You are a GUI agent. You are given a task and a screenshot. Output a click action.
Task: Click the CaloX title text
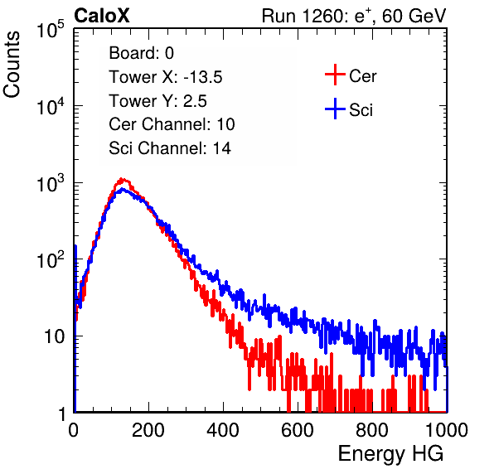[102, 16]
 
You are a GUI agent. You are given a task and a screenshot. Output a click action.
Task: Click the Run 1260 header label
[354, 16]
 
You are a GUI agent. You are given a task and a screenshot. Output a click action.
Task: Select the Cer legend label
[362, 76]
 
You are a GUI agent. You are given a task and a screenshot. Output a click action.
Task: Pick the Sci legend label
[361, 110]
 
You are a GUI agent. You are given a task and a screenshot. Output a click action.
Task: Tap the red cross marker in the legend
[335, 75]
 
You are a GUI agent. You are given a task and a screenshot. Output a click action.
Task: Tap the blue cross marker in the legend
[335, 109]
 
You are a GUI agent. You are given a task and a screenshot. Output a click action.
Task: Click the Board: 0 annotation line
[141, 53]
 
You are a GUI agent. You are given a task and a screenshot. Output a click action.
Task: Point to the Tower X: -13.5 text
[166, 77]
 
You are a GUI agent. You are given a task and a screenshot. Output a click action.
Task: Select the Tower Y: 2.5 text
[157, 101]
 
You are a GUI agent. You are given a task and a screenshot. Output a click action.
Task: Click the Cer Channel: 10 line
[172, 124]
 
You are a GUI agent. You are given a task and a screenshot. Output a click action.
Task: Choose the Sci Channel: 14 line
[170, 148]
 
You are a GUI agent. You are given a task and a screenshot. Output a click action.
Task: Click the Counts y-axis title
[12, 65]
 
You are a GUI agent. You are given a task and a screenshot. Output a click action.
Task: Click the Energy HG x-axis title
[390, 454]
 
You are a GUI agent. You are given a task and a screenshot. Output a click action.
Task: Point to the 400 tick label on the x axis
[223, 430]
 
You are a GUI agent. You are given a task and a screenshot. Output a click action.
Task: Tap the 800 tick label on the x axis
[372, 430]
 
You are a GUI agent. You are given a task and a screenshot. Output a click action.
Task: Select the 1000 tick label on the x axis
[447, 430]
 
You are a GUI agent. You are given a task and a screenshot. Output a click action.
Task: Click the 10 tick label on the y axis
[55, 336]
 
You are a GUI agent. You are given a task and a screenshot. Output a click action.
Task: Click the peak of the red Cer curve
[122, 180]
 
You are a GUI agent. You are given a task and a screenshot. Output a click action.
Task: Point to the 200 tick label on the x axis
[148, 430]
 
